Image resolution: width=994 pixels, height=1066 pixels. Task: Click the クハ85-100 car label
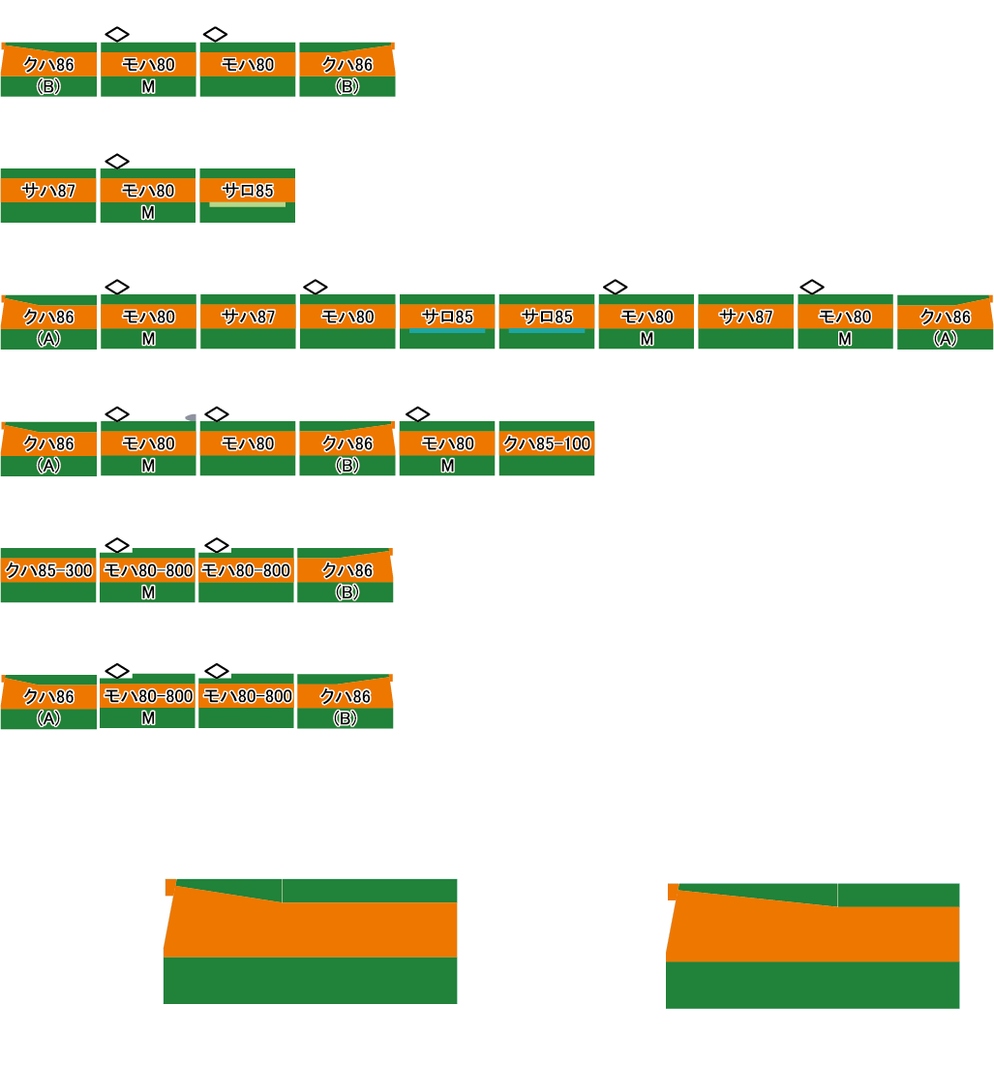547,443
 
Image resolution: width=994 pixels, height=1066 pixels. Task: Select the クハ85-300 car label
48,570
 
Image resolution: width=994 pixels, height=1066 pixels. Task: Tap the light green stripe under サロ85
247,204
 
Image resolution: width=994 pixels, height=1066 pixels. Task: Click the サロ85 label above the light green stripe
247,190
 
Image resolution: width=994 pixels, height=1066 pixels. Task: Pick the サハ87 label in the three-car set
48,190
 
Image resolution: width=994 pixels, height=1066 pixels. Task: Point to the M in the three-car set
148,213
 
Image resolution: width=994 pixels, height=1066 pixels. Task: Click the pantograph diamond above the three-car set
117,161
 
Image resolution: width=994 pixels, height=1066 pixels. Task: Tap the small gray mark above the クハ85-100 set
191,417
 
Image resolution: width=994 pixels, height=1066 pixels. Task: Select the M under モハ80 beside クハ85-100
447,466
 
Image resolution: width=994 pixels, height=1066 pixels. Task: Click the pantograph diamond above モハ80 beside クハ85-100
417,414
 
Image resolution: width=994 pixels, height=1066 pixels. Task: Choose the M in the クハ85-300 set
148,593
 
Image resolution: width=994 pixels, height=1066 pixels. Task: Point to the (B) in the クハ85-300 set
346,593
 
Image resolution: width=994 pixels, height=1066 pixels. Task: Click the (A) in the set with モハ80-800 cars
48,718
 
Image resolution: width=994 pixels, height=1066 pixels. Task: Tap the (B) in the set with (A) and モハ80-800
346,718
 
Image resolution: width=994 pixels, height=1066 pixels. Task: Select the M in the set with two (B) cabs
148,87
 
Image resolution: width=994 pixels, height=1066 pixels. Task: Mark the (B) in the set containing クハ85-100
346,466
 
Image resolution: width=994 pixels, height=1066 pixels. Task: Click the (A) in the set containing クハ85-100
48,466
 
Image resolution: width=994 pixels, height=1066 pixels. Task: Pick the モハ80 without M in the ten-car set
347,317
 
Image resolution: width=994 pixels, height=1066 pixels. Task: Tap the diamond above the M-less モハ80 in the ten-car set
316,288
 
